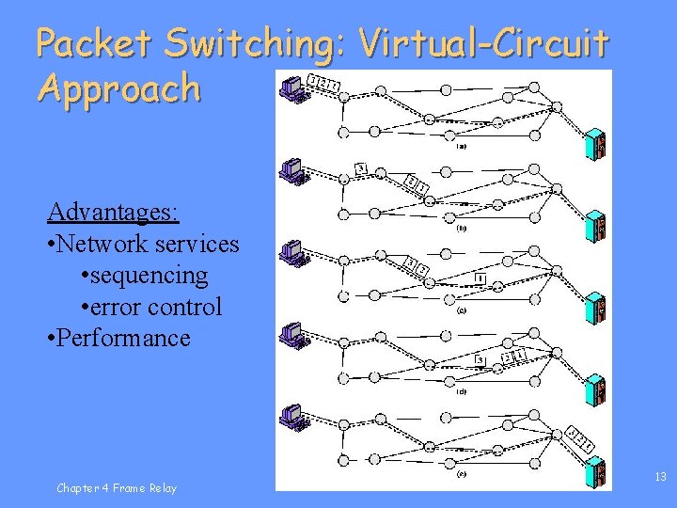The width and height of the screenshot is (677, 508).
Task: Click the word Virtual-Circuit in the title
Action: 484,42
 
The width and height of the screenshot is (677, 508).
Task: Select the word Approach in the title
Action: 118,88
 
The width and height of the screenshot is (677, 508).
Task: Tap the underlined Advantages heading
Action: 113,212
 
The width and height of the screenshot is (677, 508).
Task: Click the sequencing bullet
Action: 145,275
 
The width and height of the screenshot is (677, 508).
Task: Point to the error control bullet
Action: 152,306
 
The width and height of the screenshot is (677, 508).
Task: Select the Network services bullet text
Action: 143,244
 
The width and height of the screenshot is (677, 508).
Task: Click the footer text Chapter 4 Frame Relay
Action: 116,487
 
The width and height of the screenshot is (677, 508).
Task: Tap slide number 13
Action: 660,477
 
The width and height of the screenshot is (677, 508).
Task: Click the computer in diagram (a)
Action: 293,87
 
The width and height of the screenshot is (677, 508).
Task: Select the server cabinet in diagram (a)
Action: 595,143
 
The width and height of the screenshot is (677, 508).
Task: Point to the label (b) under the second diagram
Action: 462,228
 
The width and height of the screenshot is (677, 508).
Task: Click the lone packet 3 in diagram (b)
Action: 360,168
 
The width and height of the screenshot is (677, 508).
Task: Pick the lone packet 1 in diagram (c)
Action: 480,278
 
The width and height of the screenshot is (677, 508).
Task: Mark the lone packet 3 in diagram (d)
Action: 480,359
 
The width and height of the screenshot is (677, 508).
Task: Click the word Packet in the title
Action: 93,42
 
